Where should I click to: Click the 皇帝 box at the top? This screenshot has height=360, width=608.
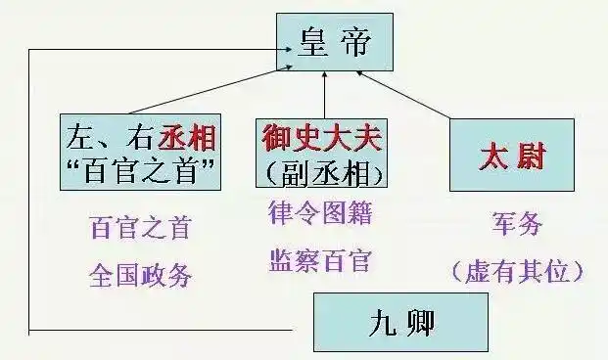(335, 42)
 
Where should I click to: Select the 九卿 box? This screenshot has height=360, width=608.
(399, 322)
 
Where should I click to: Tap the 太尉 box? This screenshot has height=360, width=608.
(511, 155)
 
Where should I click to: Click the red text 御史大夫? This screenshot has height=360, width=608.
(322, 137)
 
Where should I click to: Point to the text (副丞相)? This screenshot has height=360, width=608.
(322, 172)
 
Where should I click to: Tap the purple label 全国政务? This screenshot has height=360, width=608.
(140, 273)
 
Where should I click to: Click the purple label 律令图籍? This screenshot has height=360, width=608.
(321, 212)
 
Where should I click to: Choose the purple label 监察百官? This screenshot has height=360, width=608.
(321, 260)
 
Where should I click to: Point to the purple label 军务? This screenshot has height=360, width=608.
(516, 223)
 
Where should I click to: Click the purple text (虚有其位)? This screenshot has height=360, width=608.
(516, 270)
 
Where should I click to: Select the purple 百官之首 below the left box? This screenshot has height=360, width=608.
(140, 229)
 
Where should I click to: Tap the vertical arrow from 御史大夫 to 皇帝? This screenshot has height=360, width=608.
(325, 93)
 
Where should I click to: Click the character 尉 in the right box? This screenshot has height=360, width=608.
(531, 155)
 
